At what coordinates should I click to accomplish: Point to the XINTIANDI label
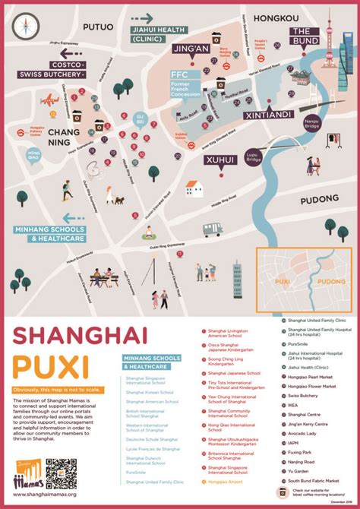pyautogui.click(x=265, y=115)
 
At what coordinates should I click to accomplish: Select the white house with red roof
pyautogui.click(x=194, y=188)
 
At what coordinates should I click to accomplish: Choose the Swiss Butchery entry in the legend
pyautogui.click(x=302, y=395)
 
